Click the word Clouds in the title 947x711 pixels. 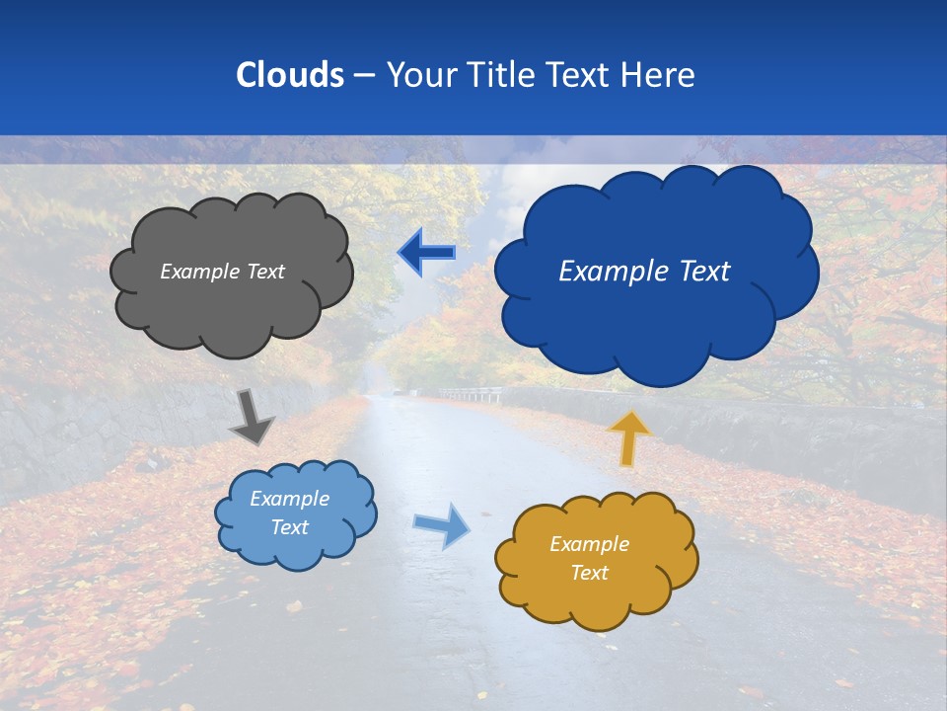pyautogui.click(x=289, y=74)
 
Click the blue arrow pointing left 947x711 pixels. pyautogui.click(x=427, y=253)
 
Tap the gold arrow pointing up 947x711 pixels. pyautogui.click(x=629, y=437)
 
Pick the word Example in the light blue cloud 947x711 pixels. pyautogui.click(x=289, y=499)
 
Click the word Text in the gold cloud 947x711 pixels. pyautogui.click(x=589, y=573)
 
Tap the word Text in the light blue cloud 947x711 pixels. pyautogui.click(x=289, y=527)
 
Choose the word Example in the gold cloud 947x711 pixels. pyautogui.click(x=589, y=544)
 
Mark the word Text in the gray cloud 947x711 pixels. pyautogui.click(x=264, y=272)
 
